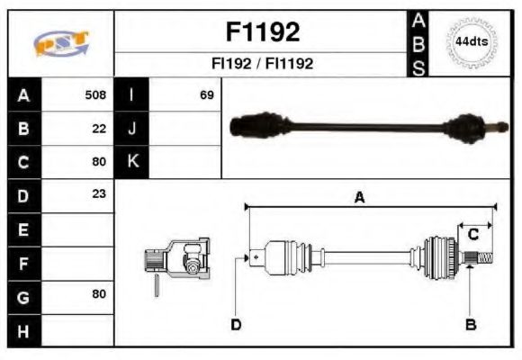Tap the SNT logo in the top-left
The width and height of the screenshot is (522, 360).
pos(61,43)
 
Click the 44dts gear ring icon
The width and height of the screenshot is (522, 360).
pos(470,42)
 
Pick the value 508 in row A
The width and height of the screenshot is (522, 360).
pos(95,94)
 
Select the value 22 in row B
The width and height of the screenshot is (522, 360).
pos(99,128)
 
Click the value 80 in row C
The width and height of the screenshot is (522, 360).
pos(99,162)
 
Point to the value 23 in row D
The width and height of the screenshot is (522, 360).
pos(99,193)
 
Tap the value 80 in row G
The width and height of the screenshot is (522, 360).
pos(99,294)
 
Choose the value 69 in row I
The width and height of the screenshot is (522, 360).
pos(207,94)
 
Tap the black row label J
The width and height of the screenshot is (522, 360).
pos(131,128)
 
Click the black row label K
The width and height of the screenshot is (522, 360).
pos(131,162)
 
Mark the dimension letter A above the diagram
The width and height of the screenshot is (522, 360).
pos(358,199)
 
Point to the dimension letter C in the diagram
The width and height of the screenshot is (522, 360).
pos(472,235)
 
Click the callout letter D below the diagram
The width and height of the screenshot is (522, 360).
pos(236,324)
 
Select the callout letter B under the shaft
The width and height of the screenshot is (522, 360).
pos(470,324)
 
